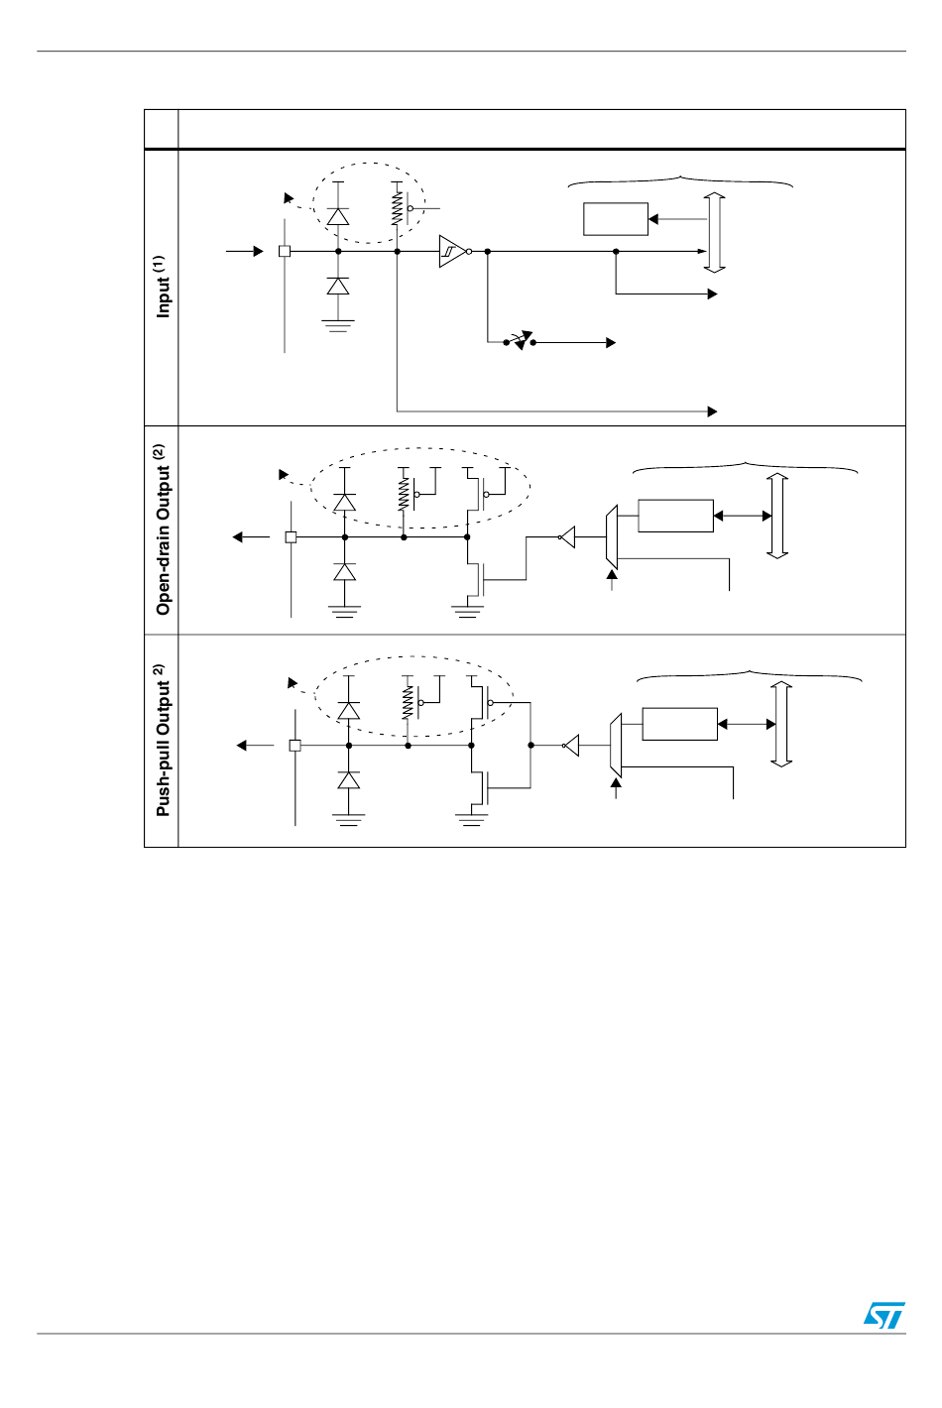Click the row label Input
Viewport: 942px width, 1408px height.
coord(163,288)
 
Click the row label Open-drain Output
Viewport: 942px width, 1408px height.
coord(163,530)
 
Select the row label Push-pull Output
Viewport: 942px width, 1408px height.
coord(163,741)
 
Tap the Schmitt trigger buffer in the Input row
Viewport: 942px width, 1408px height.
coord(452,251)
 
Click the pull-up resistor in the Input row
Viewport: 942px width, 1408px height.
coord(397,207)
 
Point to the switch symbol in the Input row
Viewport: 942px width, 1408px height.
coord(520,341)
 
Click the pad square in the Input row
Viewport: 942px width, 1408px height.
coord(285,251)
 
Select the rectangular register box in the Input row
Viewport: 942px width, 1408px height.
coord(616,219)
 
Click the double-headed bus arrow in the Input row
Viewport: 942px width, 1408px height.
coord(715,232)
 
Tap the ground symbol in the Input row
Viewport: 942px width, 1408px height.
coord(338,323)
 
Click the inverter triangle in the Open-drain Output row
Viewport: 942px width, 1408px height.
coord(567,537)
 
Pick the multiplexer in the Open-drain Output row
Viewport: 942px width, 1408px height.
coord(612,537)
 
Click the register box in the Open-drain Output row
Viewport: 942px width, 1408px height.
coord(675,516)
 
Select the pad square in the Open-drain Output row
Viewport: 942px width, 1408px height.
coord(291,537)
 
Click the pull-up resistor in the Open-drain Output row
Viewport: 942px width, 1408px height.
coord(404,493)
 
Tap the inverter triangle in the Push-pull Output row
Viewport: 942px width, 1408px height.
coord(571,745)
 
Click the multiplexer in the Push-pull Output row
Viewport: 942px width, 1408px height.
coord(616,745)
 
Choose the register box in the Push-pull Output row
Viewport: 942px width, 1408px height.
coord(679,724)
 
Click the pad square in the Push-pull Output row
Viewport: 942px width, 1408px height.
coord(294,745)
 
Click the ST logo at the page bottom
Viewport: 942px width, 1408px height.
coord(883,1315)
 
